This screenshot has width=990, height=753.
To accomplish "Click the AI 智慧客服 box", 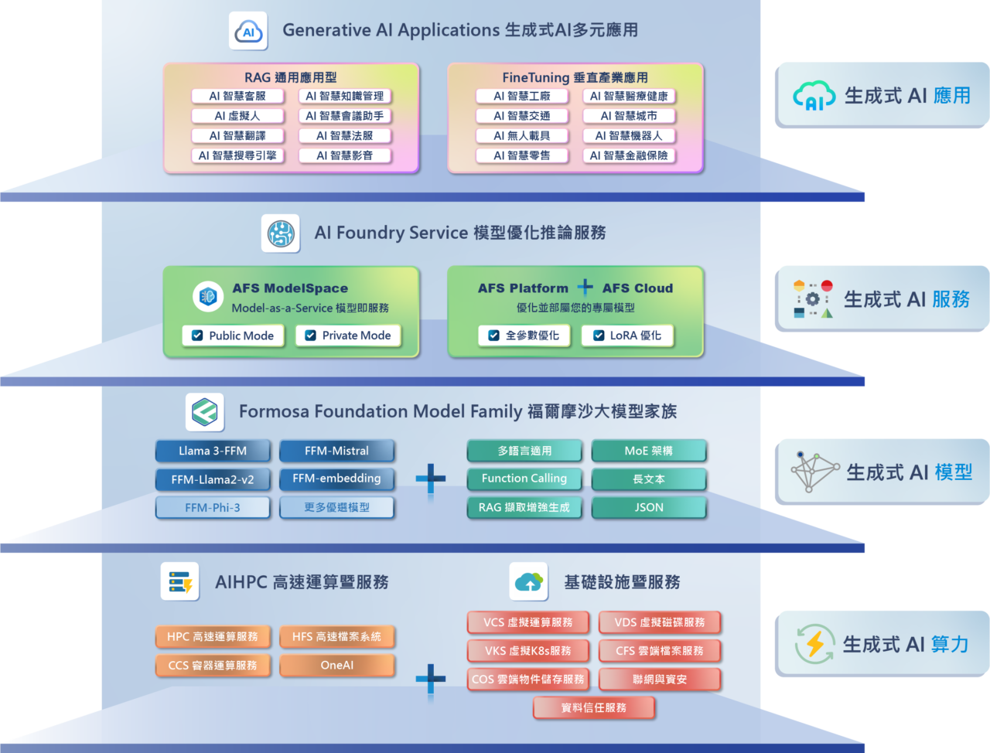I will pyautogui.click(x=237, y=96).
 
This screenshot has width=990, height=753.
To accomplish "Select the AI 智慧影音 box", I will pyautogui.click(x=344, y=155).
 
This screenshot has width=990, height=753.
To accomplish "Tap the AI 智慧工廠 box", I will pyautogui.click(x=522, y=96).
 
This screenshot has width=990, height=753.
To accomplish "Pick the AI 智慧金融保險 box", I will pyautogui.click(x=629, y=155).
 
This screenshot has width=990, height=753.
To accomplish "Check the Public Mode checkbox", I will pyautogui.click(x=197, y=336).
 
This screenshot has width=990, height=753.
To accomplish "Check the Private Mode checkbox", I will pyautogui.click(x=311, y=336).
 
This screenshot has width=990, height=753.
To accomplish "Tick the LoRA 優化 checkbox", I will pyautogui.click(x=598, y=336).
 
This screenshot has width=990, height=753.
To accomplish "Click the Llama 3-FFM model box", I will pyautogui.click(x=213, y=451).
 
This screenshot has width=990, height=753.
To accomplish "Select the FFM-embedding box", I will pyautogui.click(x=336, y=479).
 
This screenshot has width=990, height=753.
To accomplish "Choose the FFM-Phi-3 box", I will pyautogui.click(x=213, y=508).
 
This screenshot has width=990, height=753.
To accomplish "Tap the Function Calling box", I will pyautogui.click(x=524, y=479).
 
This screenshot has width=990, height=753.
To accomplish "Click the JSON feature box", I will pyautogui.click(x=649, y=508).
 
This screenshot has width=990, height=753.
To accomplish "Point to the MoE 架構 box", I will pyautogui.click(x=649, y=451).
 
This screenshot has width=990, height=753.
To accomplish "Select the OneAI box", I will pyautogui.click(x=336, y=665).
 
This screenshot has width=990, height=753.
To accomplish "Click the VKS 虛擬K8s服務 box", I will pyautogui.click(x=527, y=651).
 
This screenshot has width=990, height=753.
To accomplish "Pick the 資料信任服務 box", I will pyautogui.click(x=593, y=707).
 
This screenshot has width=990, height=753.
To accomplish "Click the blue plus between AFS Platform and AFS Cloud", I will pyautogui.click(x=585, y=288).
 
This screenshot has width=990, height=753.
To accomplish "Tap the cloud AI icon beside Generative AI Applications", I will pyautogui.click(x=248, y=32).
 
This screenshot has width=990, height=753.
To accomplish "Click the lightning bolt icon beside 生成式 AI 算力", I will pyautogui.click(x=815, y=644).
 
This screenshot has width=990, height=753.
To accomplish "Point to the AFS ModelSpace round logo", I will pyautogui.click(x=208, y=296).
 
